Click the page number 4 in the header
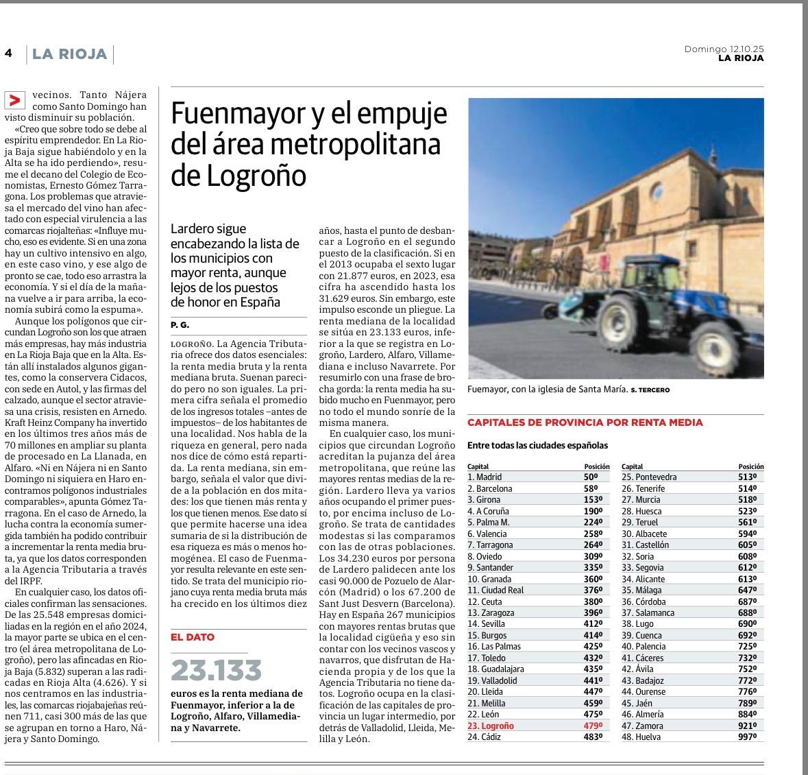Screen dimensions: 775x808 click(8, 53)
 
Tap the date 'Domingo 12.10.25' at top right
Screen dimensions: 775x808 click(724, 49)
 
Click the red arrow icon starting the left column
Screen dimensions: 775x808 click(14, 101)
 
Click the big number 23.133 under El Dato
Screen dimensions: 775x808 click(217, 670)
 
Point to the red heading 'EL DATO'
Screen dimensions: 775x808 click(193, 637)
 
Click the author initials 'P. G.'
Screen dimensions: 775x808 click(180, 324)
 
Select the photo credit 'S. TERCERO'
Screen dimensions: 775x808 click(650, 390)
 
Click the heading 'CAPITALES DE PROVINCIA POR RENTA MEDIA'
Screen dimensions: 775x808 click(585, 422)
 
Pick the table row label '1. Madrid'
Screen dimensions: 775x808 click(485, 477)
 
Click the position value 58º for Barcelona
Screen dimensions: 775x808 click(591, 488)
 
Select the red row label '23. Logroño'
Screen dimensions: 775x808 click(490, 726)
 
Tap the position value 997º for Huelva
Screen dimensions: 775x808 click(747, 737)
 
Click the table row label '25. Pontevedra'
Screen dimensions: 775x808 click(649, 477)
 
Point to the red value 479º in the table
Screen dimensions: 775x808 click(591, 726)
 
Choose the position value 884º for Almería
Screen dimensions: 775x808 click(747, 715)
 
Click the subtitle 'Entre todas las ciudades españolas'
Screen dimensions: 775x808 click(537, 446)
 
